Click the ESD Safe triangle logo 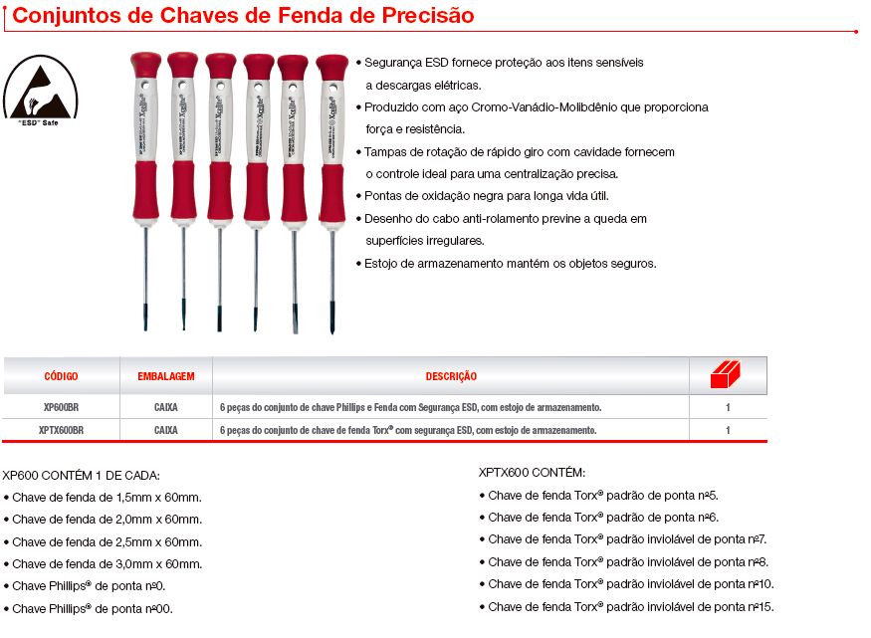pos(40,89)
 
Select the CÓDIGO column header pos(61,376)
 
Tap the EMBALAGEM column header pos(166,376)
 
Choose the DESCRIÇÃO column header pos(451,376)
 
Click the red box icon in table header pos(726,374)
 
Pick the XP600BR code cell pos(61,407)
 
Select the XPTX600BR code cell pos(61,430)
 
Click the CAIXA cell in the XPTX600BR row pos(166,430)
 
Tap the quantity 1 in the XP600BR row pos(728,407)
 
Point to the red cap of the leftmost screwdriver pos(145,65)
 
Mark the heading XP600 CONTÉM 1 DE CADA pos(81,476)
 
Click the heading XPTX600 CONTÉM pos(532,473)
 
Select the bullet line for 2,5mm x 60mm pos(103,541)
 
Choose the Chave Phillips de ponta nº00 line pos(89,609)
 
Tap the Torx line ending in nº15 pos(626,607)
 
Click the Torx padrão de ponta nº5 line pos(599,496)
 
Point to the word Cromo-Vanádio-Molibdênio pos(544,107)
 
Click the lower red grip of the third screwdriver pos(221,191)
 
